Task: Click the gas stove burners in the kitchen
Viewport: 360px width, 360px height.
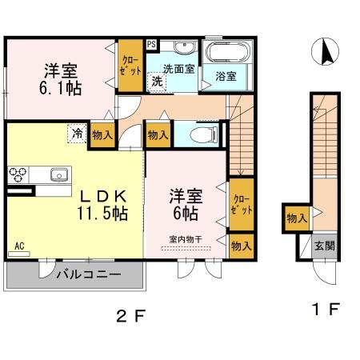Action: (x=18, y=174)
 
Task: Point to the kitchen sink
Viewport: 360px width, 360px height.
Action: (x=58, y=174)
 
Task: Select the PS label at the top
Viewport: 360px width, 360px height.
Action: (x=151, y=44)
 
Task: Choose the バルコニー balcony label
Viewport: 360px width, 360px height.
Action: (x=88, y=274)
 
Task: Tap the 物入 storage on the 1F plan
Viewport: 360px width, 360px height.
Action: (x=296, y=218)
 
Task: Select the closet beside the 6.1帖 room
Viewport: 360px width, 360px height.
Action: (x=128, y=63)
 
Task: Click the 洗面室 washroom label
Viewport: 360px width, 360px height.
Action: (x=180, y=69)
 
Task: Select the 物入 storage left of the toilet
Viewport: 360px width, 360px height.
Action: (x=158, y=135)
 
